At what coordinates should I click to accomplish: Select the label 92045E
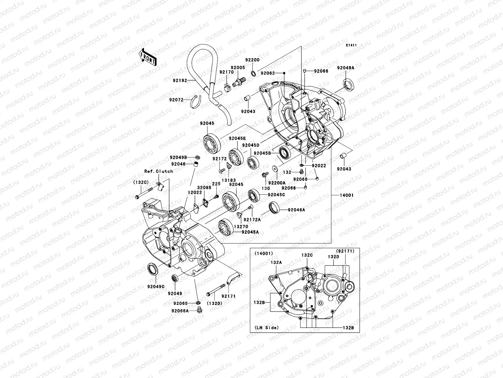tap(237, 138)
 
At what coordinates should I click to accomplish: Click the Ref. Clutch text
tap(158, 171)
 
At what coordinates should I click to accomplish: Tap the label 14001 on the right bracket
tap(346, 195)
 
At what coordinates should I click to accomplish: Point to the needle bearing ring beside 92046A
tap(275, 208)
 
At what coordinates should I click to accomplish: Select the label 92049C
tap(156, 287)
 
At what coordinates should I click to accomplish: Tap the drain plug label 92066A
tap(180, 311)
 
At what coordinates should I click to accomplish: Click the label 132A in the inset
tap(276, 262)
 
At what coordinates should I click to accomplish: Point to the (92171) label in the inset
tap(345, 251)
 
